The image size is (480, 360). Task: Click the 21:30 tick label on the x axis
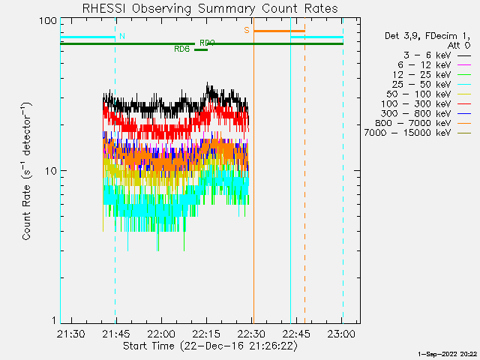tap(70, 333)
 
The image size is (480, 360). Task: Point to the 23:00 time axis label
tap(341, 333)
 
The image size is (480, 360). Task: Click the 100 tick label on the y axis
tap(48, 20)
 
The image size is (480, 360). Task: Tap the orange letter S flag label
tap(246, 31)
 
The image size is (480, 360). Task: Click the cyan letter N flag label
tap(122, 36)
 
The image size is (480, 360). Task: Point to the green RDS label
tap(181, 49)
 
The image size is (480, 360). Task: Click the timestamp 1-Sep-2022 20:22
tap(448, 353)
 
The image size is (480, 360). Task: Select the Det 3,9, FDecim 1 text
tap(427, 36)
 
